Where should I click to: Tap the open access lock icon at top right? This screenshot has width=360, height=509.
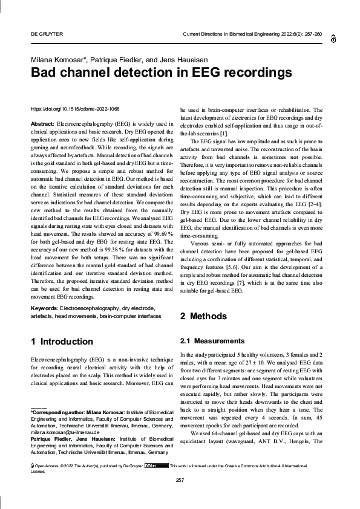(333, 39)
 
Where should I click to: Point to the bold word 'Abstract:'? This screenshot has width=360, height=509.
(42, 124)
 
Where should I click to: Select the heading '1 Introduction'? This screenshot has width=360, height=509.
(62, 342)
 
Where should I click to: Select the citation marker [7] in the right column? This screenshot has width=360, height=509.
(240, 282)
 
